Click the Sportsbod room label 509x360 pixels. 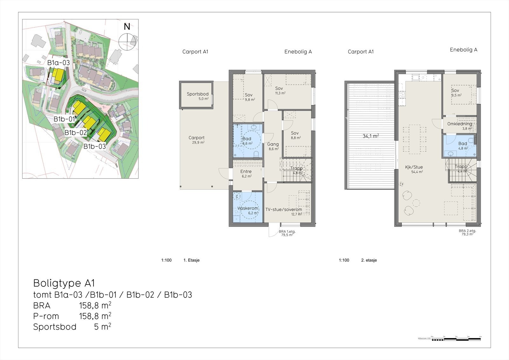(x=198, y=94)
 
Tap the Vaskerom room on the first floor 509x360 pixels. (x=248, y=208)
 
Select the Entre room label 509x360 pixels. (x=246, y=172)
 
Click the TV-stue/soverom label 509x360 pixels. (x=284, y=210)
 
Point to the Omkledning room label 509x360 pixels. (x=459, y=124)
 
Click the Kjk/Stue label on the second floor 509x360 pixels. (x=414, y=167)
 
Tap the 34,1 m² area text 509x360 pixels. (x=370, y=136)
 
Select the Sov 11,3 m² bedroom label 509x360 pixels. (x=279, y=88)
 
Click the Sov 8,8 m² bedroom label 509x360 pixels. (x=295, y=133)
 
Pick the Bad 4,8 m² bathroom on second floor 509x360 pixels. (x=463, y=144)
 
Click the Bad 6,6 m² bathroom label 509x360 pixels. (x=247, y=139)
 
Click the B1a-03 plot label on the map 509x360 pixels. (x=59, y=63)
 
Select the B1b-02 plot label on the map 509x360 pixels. (x=76, y=133)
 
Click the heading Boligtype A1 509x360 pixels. (x=64, y=283)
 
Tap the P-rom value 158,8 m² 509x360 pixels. (x=95, y=316)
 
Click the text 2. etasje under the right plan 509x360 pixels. (x=369, y=260)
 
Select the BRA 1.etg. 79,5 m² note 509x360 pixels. (x=287, y=233)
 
